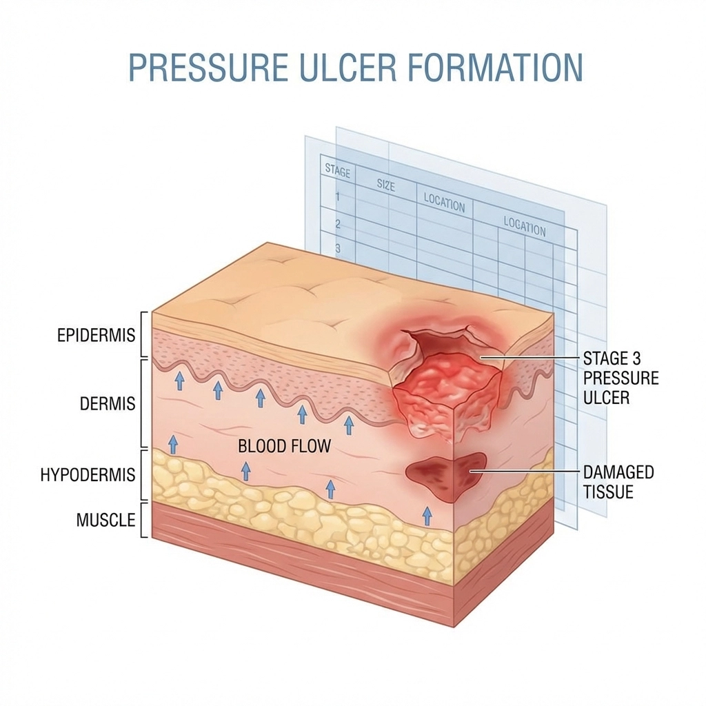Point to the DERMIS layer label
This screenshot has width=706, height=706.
coord(108,403)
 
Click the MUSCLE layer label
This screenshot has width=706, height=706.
coord(105,519)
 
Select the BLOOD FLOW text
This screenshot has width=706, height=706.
coord(284,446)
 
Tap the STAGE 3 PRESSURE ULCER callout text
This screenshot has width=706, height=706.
coord(621,378)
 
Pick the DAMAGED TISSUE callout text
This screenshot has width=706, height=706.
coord(618,483)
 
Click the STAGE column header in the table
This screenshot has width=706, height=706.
coord(337,171)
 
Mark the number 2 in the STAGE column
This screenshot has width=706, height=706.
coord(338,223)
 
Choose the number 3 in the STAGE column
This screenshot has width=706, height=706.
coord(338,248)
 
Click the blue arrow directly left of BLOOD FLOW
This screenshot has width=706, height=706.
coord(173,443)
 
